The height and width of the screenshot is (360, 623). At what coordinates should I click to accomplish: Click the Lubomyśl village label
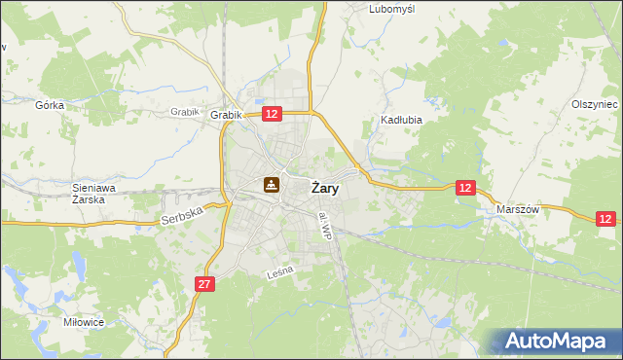392,9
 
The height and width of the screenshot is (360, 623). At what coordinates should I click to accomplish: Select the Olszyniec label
595,104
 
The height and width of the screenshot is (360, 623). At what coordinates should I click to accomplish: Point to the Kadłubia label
398,122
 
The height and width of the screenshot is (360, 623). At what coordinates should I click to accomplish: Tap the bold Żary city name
324,189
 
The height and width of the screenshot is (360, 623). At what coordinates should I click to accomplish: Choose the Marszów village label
517,209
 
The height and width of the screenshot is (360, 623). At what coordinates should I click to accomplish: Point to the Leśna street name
280,277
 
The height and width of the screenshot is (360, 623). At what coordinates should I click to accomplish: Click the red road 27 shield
203,284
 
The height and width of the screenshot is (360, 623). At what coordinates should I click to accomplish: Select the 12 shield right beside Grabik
272,114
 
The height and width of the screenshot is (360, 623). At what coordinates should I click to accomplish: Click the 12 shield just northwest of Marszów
466,188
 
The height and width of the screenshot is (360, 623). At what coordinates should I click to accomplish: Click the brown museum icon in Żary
272,183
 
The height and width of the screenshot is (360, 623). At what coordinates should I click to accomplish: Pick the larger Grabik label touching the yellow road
226,115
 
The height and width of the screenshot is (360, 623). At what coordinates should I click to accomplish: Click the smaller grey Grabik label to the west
184,112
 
